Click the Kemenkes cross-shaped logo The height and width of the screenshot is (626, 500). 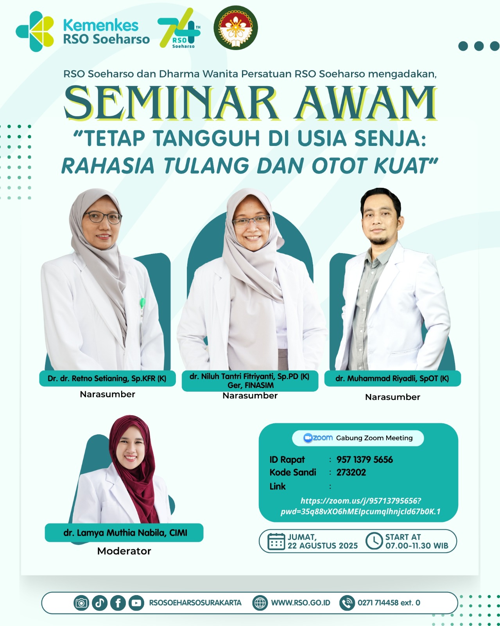point(35,31)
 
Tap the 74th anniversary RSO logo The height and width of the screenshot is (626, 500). point(179,28)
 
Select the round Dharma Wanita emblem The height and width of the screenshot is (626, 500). point(235,28)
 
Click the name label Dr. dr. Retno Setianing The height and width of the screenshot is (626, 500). point(107,378)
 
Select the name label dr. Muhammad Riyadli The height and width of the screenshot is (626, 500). point(392,378)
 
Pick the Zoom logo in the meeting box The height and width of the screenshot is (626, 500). point(318,438)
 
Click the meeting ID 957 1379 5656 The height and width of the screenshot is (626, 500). point(364,460)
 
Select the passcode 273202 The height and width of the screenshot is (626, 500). point(351,472)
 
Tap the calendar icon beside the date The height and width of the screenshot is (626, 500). point(276,541)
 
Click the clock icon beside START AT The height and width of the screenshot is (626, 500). point(374,541)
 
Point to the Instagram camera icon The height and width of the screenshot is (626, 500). point(81,603)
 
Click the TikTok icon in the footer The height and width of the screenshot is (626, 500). point(100,603)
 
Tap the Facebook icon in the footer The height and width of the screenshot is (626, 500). point(118,603)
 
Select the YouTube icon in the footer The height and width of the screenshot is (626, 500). point(136,603)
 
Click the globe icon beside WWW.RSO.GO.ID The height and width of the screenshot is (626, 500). point(260,603)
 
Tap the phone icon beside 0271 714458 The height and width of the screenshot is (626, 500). point(347,603)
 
